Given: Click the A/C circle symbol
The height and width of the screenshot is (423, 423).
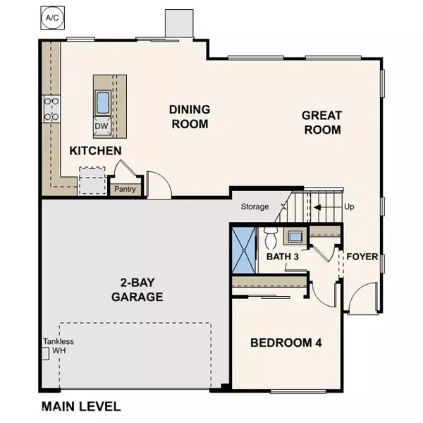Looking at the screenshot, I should coord(51,16).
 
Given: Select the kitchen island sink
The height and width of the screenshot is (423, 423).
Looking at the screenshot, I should coord(103,103).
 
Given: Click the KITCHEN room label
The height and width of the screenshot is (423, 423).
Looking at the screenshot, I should coord(95,151).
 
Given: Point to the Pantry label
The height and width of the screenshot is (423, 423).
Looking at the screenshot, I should coord(125,189).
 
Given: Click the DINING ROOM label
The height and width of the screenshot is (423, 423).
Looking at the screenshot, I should coord(189,117).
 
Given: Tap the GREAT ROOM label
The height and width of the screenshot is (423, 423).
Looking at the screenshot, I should coord(321,123).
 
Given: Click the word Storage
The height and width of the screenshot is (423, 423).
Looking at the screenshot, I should coord(255,207).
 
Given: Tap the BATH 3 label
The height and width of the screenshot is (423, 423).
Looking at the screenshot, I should coord(283,257).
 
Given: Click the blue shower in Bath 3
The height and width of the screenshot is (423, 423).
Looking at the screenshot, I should coord(242,247).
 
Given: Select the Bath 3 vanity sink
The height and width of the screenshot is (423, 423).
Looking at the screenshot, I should coord(295,236).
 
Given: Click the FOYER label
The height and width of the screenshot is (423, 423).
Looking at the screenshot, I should coord(362,257).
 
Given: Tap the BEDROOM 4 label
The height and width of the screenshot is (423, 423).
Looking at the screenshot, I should coord(286,343).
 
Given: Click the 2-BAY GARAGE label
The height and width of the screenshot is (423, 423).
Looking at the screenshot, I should coord(137,289).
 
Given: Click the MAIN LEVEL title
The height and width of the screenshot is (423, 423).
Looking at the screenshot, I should coord(80,406).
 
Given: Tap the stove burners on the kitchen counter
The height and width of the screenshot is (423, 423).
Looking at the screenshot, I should coord(51,109).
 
